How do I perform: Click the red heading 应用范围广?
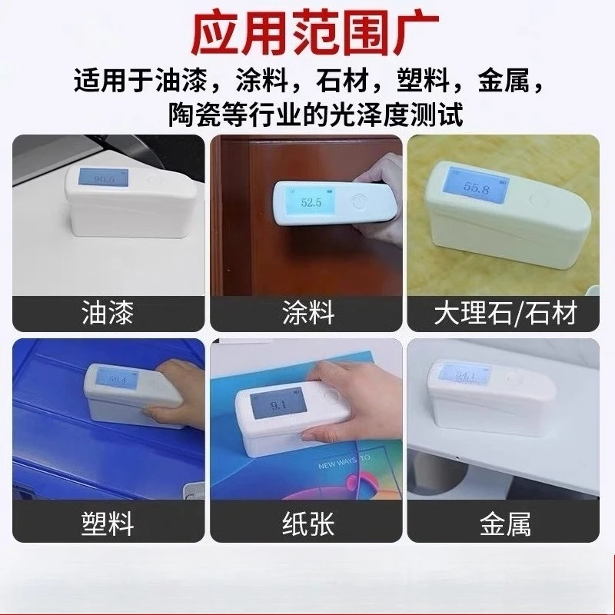[307, 32]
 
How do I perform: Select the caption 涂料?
[307, 314]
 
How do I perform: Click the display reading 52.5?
[310, 204]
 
